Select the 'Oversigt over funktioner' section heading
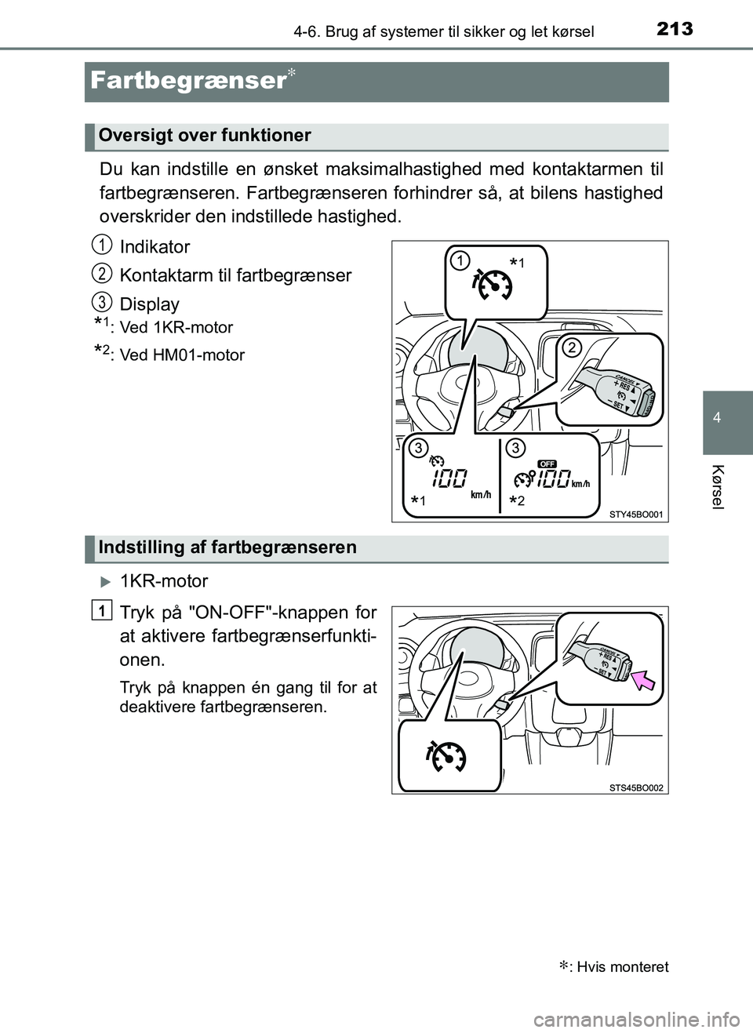pos(205,136)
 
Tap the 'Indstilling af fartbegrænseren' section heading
pos(227,547)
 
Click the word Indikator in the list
pos(155,247)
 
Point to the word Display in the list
pos(149,304)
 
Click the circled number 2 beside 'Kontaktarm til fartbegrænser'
pos(100,272)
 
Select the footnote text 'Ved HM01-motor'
pos(182,355)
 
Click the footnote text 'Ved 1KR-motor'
pos(176,328)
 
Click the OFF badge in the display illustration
pos(547,464)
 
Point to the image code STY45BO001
pos(636,515)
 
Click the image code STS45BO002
pos(636,787)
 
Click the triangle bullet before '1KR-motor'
pos(107,582)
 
